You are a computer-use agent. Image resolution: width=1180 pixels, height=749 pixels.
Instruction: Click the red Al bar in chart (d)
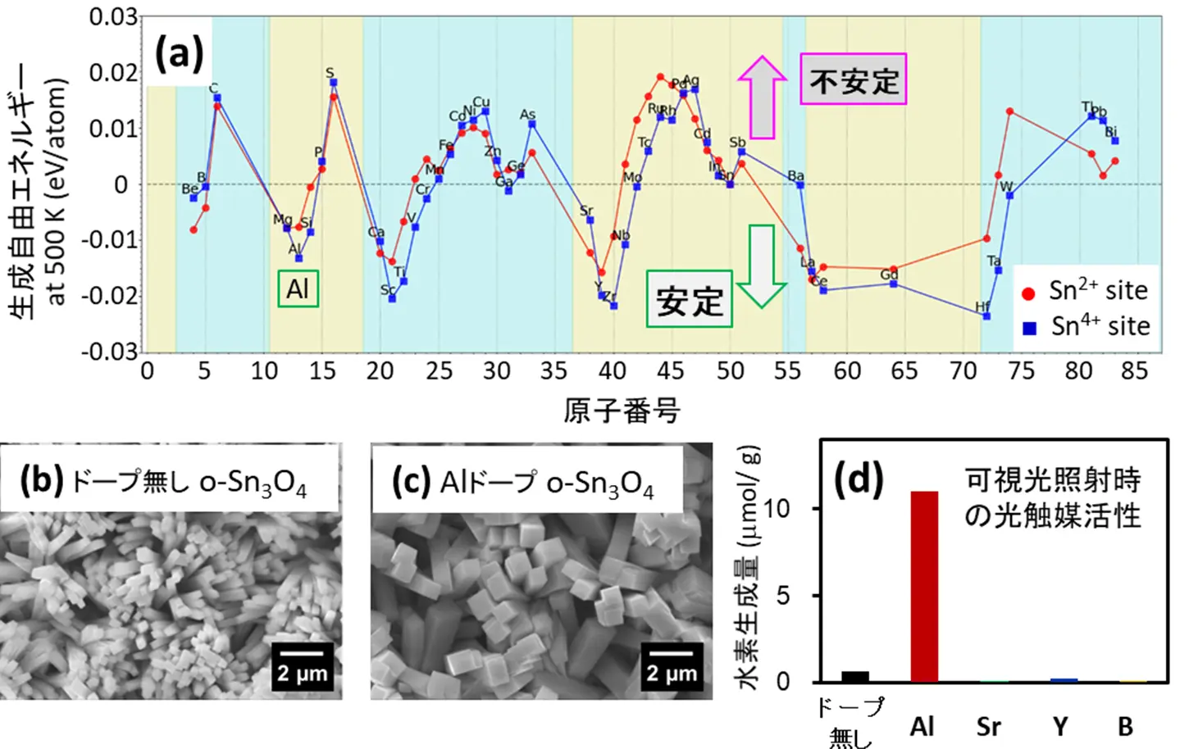[924, 586]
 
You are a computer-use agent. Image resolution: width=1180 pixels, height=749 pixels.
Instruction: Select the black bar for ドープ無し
[855, 677]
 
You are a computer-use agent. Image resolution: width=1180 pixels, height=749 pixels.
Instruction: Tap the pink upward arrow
[762, 97]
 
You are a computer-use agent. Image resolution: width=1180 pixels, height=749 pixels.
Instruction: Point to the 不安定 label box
[854, 79]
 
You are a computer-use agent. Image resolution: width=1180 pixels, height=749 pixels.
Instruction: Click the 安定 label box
[689, 300]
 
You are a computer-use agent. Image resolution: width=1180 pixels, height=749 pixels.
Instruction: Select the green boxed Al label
[298, 288]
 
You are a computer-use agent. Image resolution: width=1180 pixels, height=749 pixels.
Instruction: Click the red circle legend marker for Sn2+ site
[1028, 293]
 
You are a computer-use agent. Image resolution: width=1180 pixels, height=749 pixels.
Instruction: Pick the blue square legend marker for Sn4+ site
[1029, 328]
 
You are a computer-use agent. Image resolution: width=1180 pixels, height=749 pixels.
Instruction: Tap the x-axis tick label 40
[613, 371]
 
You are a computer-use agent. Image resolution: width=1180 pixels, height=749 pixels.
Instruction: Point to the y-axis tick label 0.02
[113, 73]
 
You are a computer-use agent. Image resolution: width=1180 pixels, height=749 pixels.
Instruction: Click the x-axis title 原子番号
[622, 410]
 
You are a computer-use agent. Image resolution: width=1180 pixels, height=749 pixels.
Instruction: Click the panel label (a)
[179, 54]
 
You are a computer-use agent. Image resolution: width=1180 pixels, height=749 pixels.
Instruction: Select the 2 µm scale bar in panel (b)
[302, 665]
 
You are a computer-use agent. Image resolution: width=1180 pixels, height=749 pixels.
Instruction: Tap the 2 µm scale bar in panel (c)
[672, 665]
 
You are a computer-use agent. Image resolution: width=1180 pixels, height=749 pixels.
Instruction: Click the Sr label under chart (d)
[989, 726]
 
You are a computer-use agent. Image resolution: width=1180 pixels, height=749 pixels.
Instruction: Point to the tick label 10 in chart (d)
[776, 509]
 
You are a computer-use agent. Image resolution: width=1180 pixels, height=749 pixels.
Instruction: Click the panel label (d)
[859, 479]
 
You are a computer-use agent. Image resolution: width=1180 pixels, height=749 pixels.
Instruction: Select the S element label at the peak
[330, 73]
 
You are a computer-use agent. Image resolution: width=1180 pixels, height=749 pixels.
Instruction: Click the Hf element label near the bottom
[982, 307]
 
